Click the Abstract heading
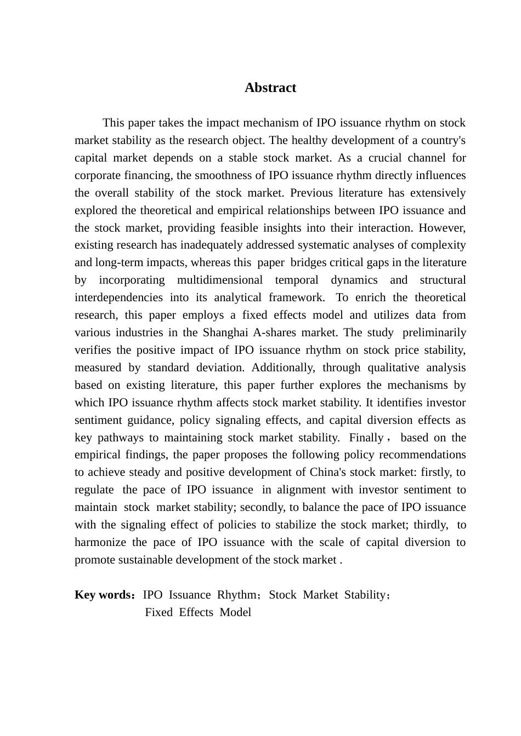[x=270, y=88]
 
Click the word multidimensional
[x=220, y=280]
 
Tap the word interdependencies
[x=118, y=297]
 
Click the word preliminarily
[x=434, y=332]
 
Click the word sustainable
[x=139, y=560]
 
